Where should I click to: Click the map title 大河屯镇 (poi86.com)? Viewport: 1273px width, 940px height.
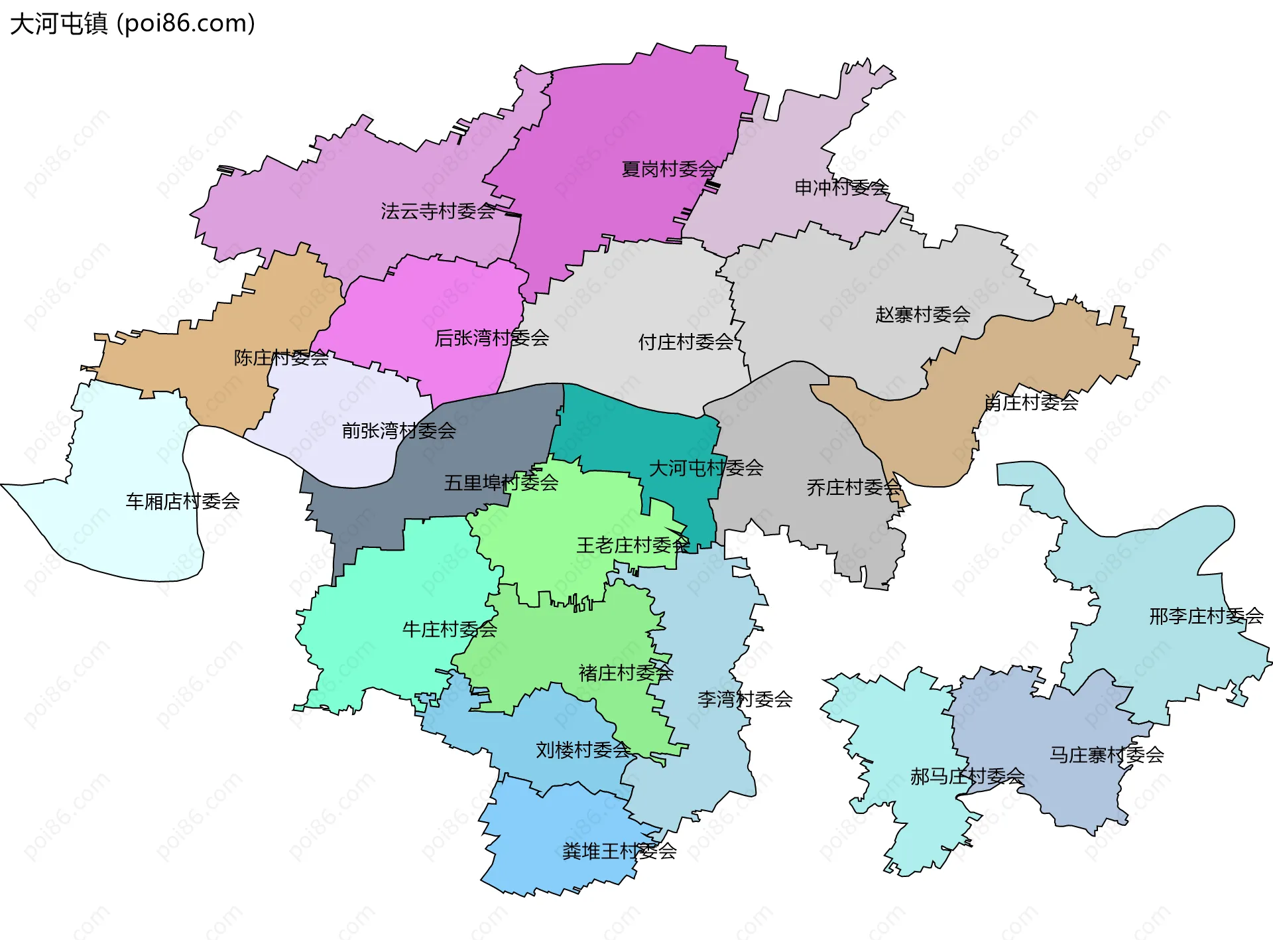(133, 24)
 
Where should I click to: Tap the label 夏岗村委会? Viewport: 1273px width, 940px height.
(669, 169)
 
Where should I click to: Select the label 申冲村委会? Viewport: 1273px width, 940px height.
(841, 188)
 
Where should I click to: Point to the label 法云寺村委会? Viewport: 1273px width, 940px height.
(438, 211)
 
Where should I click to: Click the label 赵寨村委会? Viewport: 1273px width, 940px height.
(922, 314)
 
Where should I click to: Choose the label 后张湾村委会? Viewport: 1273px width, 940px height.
(491, 338)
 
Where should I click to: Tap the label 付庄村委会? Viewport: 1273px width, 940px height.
(686, 342)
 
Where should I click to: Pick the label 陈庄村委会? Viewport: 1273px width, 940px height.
(281, 358)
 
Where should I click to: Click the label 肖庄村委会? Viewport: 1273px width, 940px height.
(1031, 402)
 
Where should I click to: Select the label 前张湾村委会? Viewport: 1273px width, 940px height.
(398, 431)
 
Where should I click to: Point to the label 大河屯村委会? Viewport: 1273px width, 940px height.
(705, 468)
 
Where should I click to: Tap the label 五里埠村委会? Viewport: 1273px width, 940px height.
(501, 483)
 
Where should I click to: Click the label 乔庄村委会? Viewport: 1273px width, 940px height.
(854, 488)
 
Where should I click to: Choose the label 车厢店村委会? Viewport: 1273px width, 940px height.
(182, 502)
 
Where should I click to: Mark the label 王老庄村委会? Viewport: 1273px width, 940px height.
(633, 545)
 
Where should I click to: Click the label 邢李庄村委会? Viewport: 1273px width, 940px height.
(1206, 616)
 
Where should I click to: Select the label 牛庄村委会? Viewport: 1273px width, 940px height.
(450, 630)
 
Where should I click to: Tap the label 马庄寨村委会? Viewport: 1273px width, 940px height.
(1107, 755)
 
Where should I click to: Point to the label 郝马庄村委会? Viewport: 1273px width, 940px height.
(967, 776)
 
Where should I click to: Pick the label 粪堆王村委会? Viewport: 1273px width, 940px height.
(619, 851)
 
